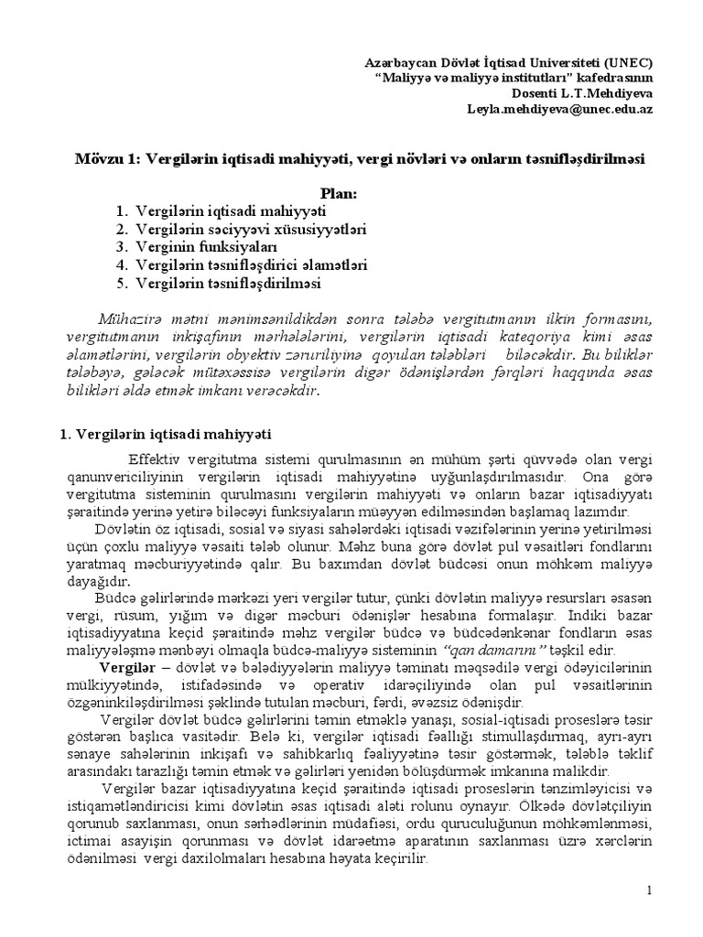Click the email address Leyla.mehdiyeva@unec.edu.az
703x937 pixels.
point(560,109)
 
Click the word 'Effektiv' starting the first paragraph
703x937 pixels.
point(154,457)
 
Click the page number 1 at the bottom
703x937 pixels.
point(648,891)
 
